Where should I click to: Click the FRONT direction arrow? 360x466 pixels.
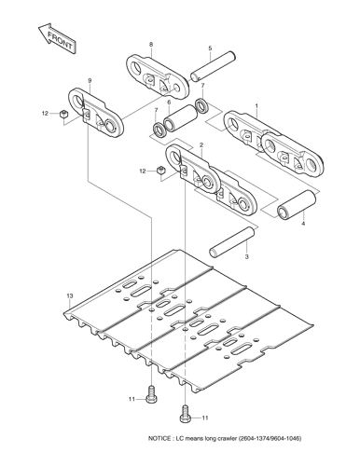coord(56,38)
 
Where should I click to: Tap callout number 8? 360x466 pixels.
coord(151,45)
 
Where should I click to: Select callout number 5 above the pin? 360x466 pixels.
coord(210,48)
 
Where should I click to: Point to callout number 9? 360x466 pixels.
coord(90,81)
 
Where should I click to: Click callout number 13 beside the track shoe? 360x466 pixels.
coord(70,295)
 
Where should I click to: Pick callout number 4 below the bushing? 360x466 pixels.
coord(303,224)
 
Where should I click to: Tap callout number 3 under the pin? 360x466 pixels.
coord(246,256)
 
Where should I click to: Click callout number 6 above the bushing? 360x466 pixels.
coord(169,103)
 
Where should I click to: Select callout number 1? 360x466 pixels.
coord(256,106)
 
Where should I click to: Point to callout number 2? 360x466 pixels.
coord(201,145)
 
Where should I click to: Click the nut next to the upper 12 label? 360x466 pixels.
coord(63,114)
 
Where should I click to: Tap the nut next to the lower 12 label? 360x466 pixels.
coord(160,171)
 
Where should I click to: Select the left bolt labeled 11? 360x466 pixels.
coord(151,394)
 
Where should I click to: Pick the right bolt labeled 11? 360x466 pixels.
coord(185,413)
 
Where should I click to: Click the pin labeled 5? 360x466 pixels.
coord(213,67)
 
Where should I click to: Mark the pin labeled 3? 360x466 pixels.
coord(232,242)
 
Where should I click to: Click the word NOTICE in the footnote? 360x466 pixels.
coord(159,439)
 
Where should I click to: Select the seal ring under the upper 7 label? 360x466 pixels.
coord(202,105)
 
